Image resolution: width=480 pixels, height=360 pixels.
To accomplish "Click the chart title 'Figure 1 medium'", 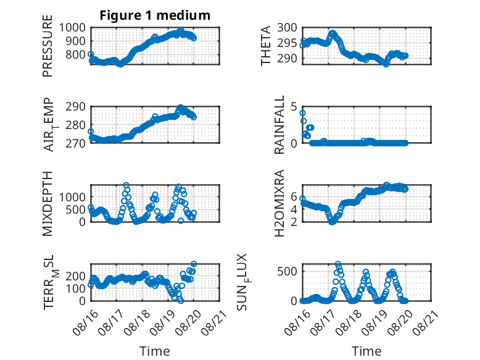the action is point(155,15).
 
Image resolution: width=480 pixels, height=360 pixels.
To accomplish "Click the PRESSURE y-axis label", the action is point(48,46).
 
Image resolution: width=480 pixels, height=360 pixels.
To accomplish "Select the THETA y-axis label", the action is point(266,46).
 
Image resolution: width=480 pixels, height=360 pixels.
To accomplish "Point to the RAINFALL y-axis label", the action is point(279,124).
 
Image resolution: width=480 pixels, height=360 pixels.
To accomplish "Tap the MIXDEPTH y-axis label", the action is point(48,203).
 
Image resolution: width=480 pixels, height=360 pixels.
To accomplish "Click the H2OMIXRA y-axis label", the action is point(279,203).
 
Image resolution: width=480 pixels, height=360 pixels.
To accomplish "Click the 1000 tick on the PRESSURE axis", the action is point(72,28).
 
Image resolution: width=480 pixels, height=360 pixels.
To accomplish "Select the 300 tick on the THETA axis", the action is point(287,28).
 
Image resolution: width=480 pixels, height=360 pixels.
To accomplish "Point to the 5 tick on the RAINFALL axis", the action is point(294,107).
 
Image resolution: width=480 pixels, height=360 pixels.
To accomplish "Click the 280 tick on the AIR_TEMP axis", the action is point(75,125).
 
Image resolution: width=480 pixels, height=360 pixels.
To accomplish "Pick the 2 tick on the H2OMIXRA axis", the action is point(294,222).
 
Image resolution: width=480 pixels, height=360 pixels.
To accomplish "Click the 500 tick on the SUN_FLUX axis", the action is point(287,271).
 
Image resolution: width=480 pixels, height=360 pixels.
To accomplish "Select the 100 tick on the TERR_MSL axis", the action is point(75,288).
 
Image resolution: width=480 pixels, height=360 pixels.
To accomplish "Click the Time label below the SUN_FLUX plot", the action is point(366,351).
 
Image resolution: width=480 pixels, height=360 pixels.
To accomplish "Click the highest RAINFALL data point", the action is point(302,113).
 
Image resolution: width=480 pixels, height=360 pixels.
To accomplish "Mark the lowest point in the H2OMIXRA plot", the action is point(332,222).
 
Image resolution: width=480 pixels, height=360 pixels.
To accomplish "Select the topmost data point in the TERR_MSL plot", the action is point(194,264).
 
